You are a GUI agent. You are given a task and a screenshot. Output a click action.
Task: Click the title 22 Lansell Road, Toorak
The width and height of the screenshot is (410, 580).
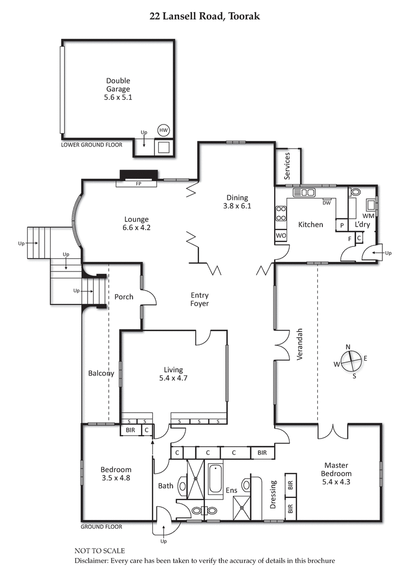click(x=204, y=16)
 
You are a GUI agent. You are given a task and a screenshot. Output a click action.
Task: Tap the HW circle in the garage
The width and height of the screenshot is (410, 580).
click(x=163, y=130)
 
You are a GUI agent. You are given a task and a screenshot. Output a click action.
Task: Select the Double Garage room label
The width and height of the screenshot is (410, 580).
click(x=118, y=88)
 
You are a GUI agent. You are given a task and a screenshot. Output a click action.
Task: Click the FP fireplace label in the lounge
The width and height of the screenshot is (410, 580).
click(x=138, y=183)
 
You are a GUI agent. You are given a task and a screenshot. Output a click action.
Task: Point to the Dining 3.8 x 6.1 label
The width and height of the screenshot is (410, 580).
click(x=237, y=201)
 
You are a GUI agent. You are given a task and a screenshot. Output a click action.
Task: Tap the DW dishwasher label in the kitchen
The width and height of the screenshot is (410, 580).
click(x=326, y=203)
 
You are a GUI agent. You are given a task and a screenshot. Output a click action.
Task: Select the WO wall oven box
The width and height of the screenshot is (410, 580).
click(x=281, y=236)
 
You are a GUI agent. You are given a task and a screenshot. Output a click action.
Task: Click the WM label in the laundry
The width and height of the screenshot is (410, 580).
click(x=368, y=217)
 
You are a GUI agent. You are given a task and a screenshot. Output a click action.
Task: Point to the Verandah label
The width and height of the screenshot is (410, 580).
click(x=301, y=344)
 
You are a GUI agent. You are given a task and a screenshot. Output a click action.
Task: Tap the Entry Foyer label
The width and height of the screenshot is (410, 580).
click(x=199, y=299)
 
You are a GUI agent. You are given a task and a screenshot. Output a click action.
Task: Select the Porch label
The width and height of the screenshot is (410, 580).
click(x=124, y=297)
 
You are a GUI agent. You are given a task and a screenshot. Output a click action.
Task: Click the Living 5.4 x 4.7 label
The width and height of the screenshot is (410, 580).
click(x=173, y=374)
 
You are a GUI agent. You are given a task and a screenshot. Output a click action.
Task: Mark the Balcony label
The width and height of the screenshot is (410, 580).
click(x=100, y=373)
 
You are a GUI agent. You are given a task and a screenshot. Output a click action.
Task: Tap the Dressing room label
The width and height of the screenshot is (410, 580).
click(x=273, y=494)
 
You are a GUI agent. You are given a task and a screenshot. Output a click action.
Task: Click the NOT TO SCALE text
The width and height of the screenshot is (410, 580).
click(x=99, y=551)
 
